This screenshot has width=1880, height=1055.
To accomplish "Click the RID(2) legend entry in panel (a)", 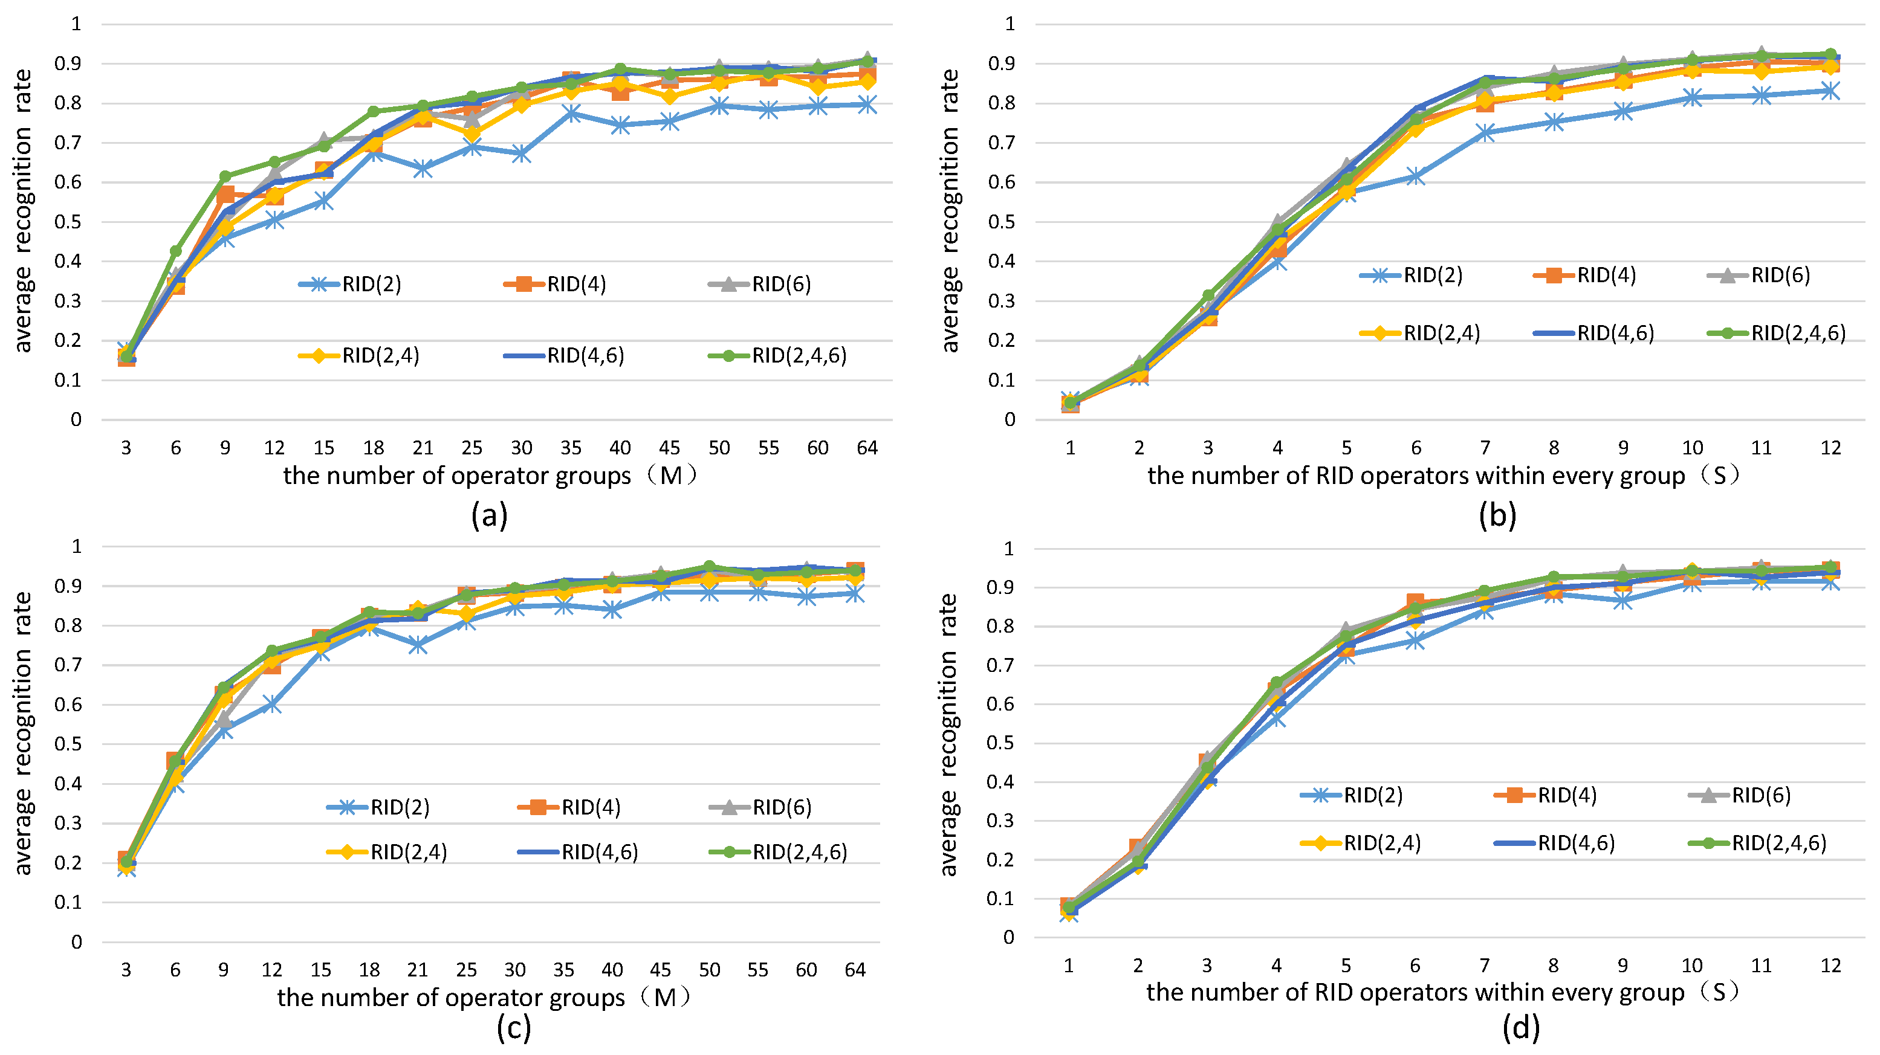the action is click(351, 284).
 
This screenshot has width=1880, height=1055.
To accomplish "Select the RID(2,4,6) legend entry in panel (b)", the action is click(1777, 334).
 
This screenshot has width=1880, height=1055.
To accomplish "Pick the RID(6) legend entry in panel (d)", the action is click(1740, 795).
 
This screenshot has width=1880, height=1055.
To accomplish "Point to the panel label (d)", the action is click(1521, 1027).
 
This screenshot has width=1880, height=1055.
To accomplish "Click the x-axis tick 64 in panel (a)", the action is click(867, 448).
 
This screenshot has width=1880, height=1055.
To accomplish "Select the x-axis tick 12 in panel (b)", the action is click(1830, 448).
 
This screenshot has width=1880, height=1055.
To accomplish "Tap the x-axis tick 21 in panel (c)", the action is click(418, 970).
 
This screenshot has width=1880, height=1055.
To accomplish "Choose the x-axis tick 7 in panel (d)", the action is click(1485, 966).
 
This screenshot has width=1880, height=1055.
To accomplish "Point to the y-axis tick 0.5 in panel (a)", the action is click(68, 222).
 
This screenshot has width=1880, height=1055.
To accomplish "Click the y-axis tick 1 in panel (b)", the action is click(1010, 24).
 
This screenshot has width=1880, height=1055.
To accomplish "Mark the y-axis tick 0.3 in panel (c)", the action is click(68, 823).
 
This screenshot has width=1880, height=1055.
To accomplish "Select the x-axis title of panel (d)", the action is click(1444, 992).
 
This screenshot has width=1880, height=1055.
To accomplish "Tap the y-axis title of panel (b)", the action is click(950, 211).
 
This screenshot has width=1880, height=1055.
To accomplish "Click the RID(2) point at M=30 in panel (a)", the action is click(521, 154).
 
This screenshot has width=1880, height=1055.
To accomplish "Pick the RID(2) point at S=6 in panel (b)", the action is click(1416, 176).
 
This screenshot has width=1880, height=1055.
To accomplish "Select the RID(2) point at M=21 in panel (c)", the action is click(418, 645).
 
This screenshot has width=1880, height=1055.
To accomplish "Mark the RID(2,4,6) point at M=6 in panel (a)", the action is click(176, 251).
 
